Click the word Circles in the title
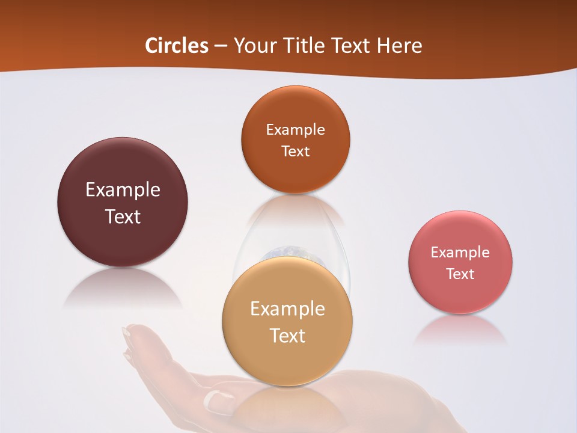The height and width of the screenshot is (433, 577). point(177,46)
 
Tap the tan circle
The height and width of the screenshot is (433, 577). point(287,361)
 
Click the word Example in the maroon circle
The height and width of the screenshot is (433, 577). point(123,190)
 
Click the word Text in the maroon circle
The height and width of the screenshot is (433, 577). point(123,216)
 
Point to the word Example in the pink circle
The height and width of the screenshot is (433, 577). point(460,253)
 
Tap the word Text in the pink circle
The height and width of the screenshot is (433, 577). point(460,274)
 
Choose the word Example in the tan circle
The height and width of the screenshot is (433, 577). point(287,309)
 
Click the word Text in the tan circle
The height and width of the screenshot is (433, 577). point(287,336)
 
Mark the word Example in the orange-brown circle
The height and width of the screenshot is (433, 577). point(295,130)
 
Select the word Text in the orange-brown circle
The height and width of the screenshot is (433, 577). point(295,152)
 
